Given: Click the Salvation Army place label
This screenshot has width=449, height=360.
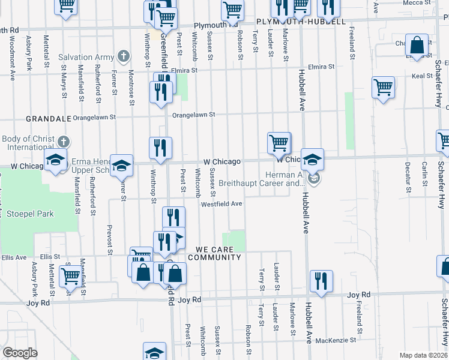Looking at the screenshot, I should tap(86, 58).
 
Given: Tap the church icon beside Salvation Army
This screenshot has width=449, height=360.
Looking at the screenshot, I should tap(124, 57).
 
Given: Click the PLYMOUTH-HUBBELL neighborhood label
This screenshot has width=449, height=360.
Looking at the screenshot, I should tap(301, 22).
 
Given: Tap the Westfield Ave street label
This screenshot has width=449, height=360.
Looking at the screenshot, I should tap(221, 203).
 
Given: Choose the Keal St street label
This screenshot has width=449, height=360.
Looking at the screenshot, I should tap(423, 76).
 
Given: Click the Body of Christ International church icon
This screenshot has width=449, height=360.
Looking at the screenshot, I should tap(64, 142).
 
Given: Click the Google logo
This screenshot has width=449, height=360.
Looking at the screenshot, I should tap(20, 353).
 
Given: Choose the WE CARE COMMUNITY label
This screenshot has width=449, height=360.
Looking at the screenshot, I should tap(214, 253).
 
